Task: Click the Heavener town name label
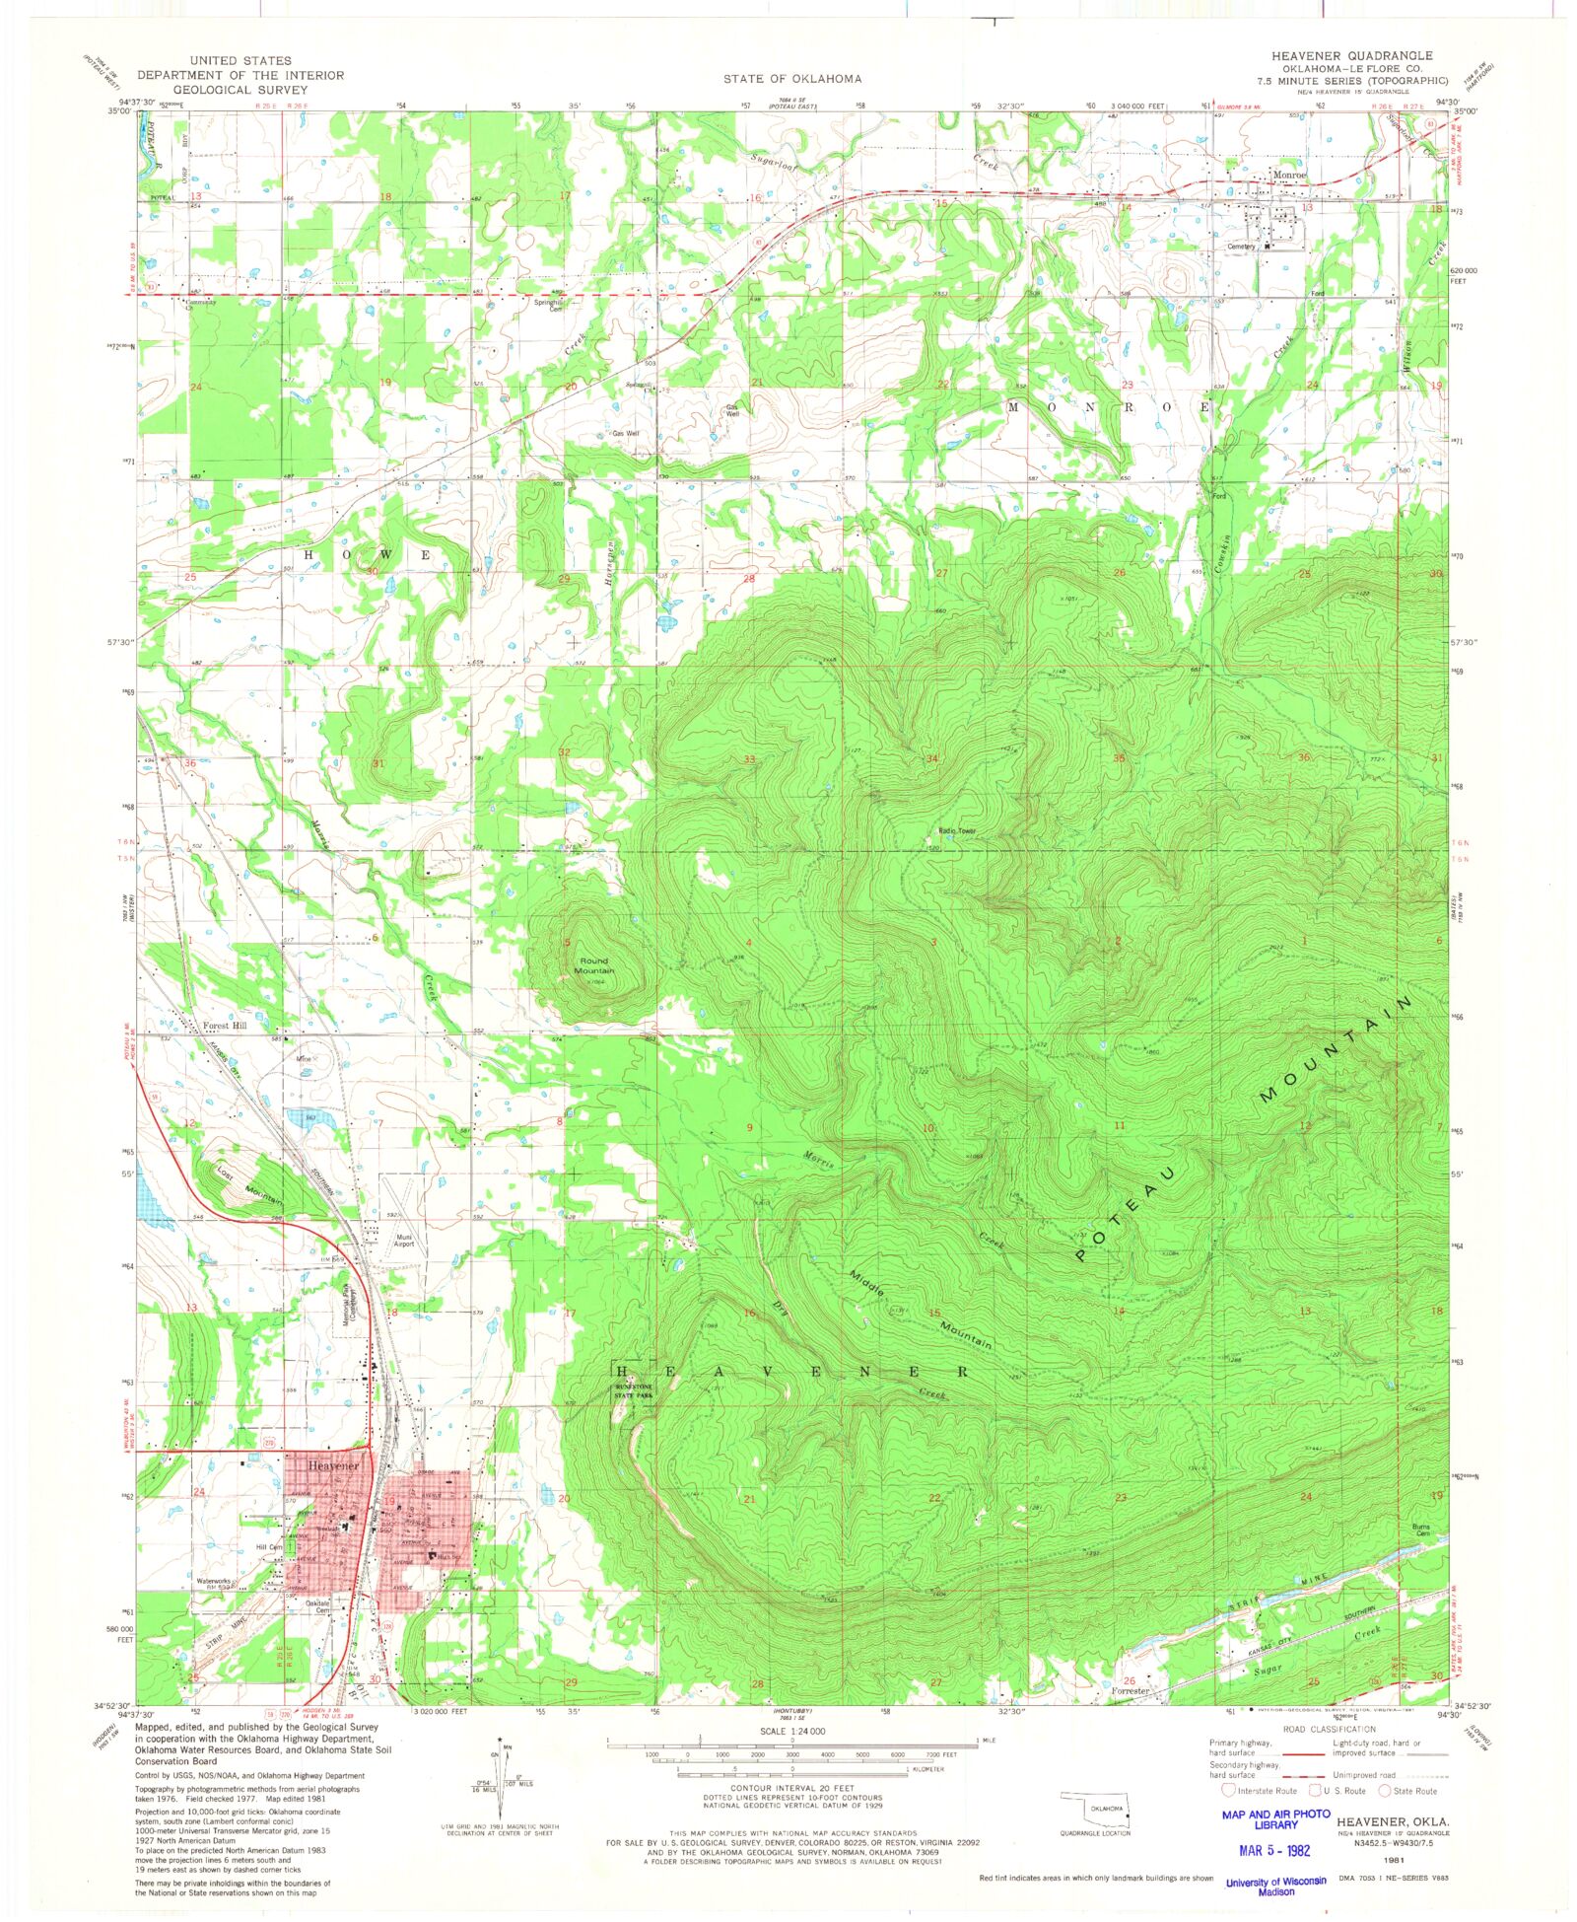pos(333,1466)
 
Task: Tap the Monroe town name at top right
pos(1289,176)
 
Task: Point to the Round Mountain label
pos(594,965)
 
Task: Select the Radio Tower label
pos(955,831)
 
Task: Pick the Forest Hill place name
pos(225,1026)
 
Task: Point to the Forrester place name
pos(1131,1690)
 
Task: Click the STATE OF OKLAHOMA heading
pos(791,79)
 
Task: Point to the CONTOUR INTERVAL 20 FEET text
pos(791,1788)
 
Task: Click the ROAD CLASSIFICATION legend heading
pos(1329,1729)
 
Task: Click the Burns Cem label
pos(1422,1530)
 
